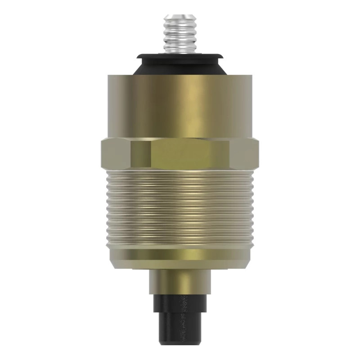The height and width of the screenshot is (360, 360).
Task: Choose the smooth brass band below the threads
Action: coord(180,254)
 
